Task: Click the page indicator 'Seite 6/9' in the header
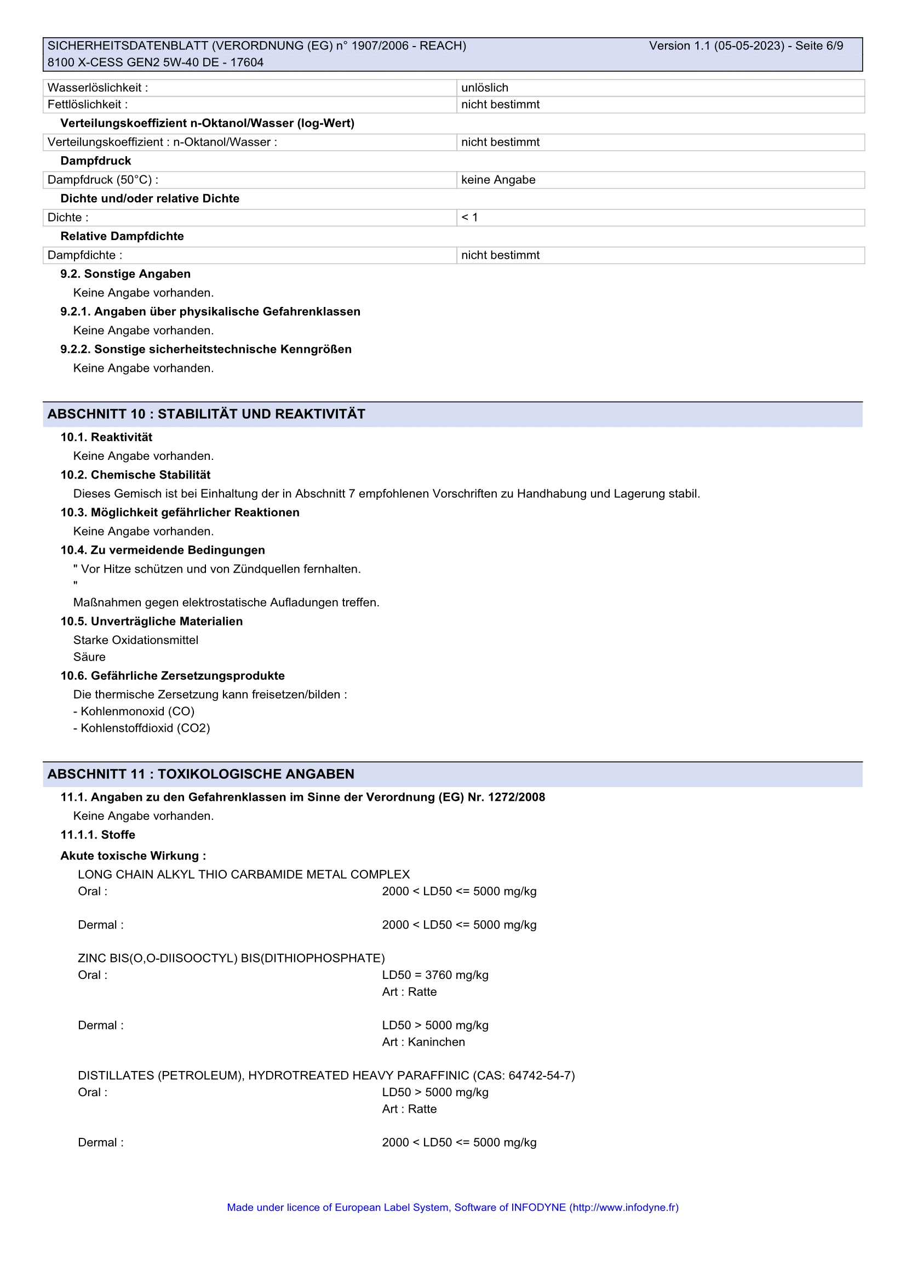point(819,46)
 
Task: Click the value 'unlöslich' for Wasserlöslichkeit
point(485,88)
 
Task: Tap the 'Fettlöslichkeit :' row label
point(88,105)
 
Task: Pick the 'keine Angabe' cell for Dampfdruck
point(498,180)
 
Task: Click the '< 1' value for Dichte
point(469,218)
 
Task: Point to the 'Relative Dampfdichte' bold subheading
point(122,236)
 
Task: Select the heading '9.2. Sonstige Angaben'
point(125,274)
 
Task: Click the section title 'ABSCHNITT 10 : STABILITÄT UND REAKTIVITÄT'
point(207,414)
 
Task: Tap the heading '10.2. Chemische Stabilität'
point(135,475)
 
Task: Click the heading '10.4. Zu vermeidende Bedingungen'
point(163,550)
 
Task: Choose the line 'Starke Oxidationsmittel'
point(135,640)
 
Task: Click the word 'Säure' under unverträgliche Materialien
point(89,657)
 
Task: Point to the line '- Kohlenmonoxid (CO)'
point(134,712)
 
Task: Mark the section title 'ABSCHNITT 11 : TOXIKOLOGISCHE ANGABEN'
point(201,774)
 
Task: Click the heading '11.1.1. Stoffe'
point(98,835)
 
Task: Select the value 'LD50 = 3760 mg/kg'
point(435,976)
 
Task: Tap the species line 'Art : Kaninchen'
point(423,1042)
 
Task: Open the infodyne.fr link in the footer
point(624,1208)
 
